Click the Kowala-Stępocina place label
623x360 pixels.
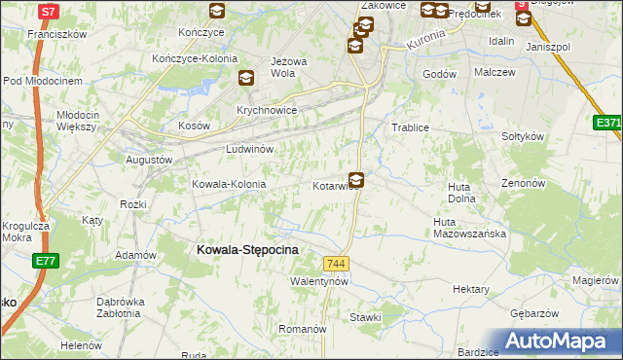click(247, 250)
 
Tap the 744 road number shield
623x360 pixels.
click(337, 264)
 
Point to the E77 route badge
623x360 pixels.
click(44, 261)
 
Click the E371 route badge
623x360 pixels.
click(608, 123)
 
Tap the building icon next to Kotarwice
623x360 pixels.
click(356, 180)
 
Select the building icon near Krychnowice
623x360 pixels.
click(245, 80)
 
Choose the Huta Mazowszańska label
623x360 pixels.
click(470, 228)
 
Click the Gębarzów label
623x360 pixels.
click(534, 313)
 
